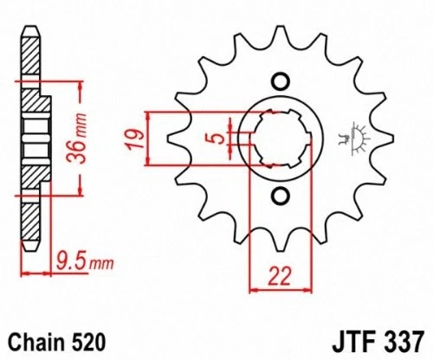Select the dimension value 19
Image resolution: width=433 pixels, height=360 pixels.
[132, 138]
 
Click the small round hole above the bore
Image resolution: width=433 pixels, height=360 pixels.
[280, 82]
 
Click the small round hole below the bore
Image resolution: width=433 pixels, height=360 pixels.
[280, 195]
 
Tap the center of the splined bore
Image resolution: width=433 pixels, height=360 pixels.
[280, 138]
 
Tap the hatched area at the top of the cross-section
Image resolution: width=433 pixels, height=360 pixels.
[30, 61]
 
